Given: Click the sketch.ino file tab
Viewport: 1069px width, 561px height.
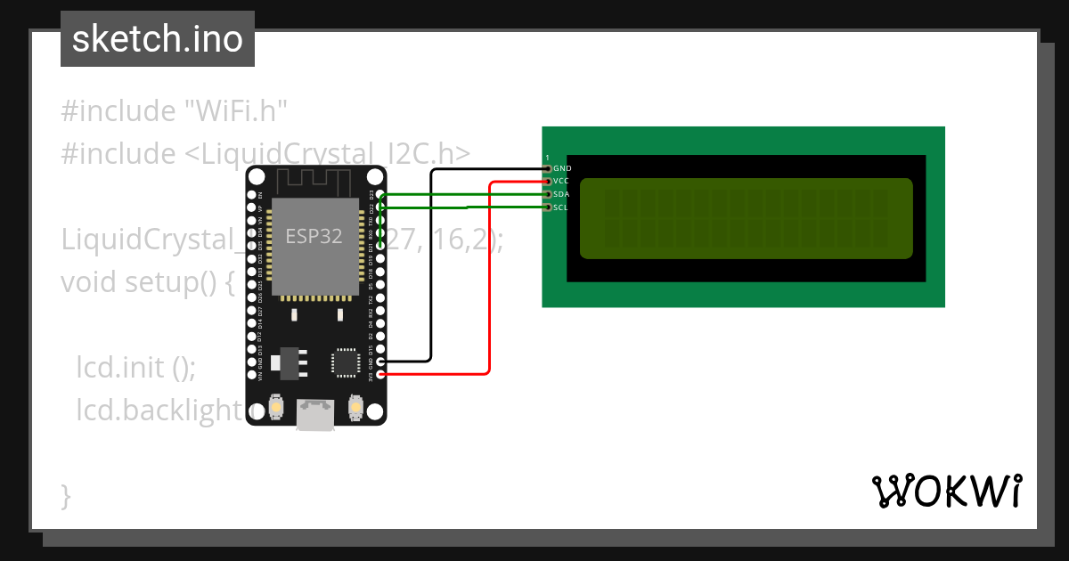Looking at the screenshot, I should click(158, 39).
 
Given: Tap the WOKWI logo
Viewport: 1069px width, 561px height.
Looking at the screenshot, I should click(946, 491).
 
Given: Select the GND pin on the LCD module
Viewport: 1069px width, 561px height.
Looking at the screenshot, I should click(548, 168).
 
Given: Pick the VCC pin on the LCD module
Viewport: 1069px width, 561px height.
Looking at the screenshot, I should click(548, 181).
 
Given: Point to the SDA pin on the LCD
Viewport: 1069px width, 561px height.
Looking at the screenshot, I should click(548, 194).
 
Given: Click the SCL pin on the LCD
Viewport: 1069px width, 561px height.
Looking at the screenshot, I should click(548, 207).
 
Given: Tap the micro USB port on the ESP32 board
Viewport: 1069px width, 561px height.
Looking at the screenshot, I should click(315, 415).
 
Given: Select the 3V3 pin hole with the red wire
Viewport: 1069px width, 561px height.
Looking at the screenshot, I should click(381, 374).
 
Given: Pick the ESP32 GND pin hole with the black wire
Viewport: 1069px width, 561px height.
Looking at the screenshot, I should click(381, 362).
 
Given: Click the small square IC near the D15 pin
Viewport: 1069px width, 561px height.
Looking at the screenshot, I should click(344, 362).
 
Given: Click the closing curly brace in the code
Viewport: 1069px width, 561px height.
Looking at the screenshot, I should click(66, 494).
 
